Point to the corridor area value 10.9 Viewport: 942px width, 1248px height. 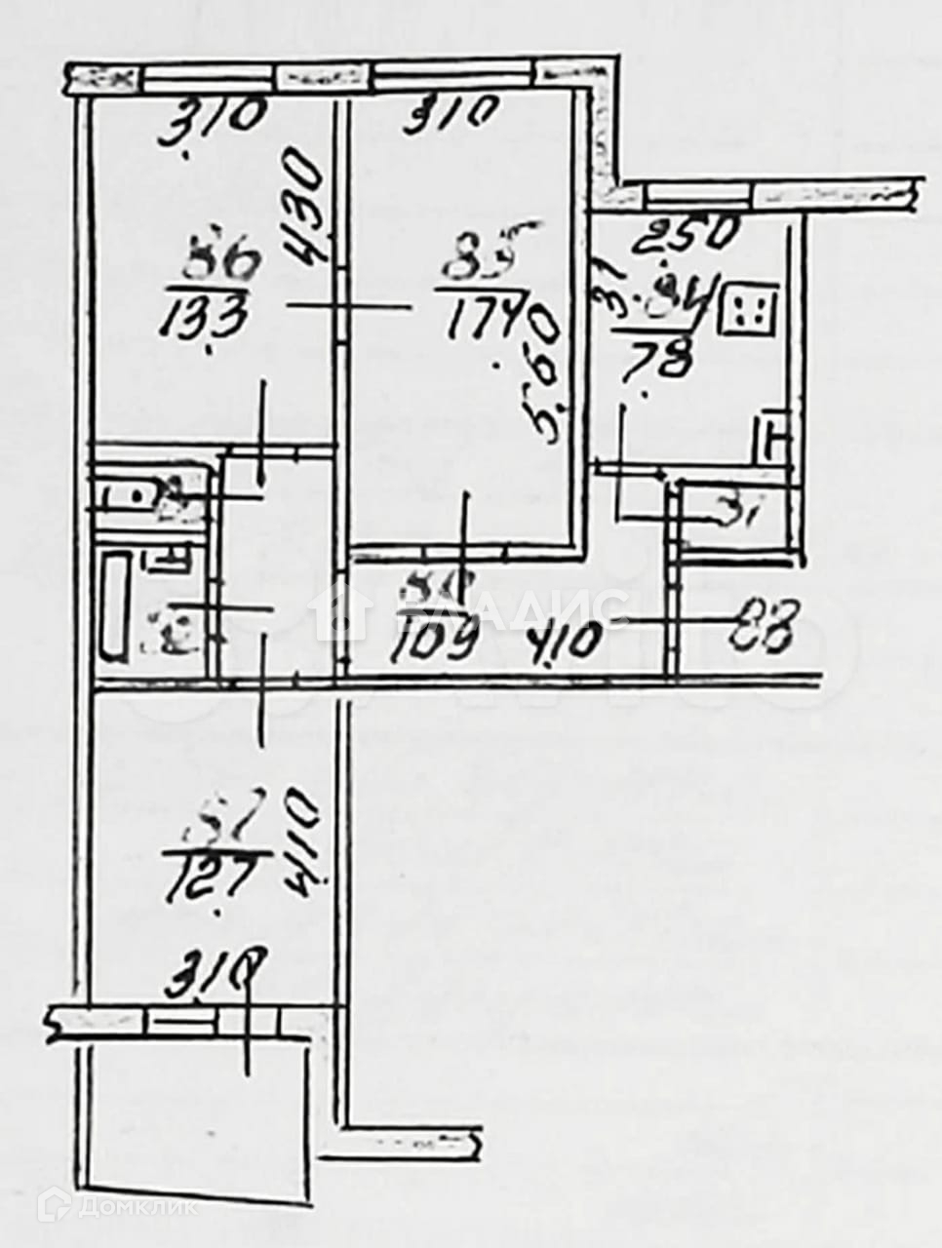pyautogui.click(x=436, y=641)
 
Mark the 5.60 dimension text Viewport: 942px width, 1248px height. pyautogui.click(x=546, y=376)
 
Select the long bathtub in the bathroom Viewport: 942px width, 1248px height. pyautogui.click(x=116, y=607)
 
